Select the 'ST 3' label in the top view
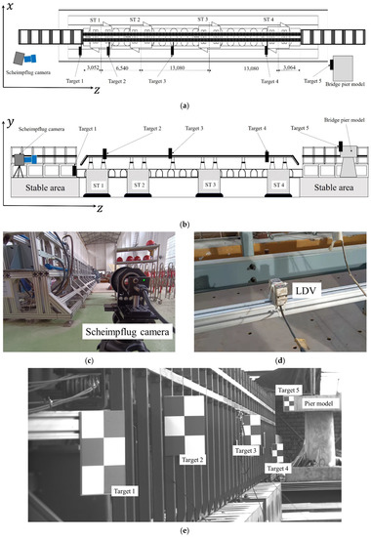202,19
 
